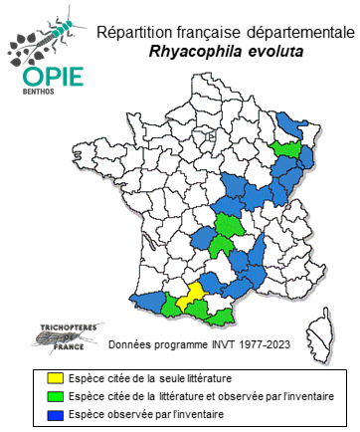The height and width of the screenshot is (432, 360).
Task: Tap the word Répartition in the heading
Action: (x=134, y=33)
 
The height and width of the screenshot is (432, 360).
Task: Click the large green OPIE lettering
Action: (x=41, y=78)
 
